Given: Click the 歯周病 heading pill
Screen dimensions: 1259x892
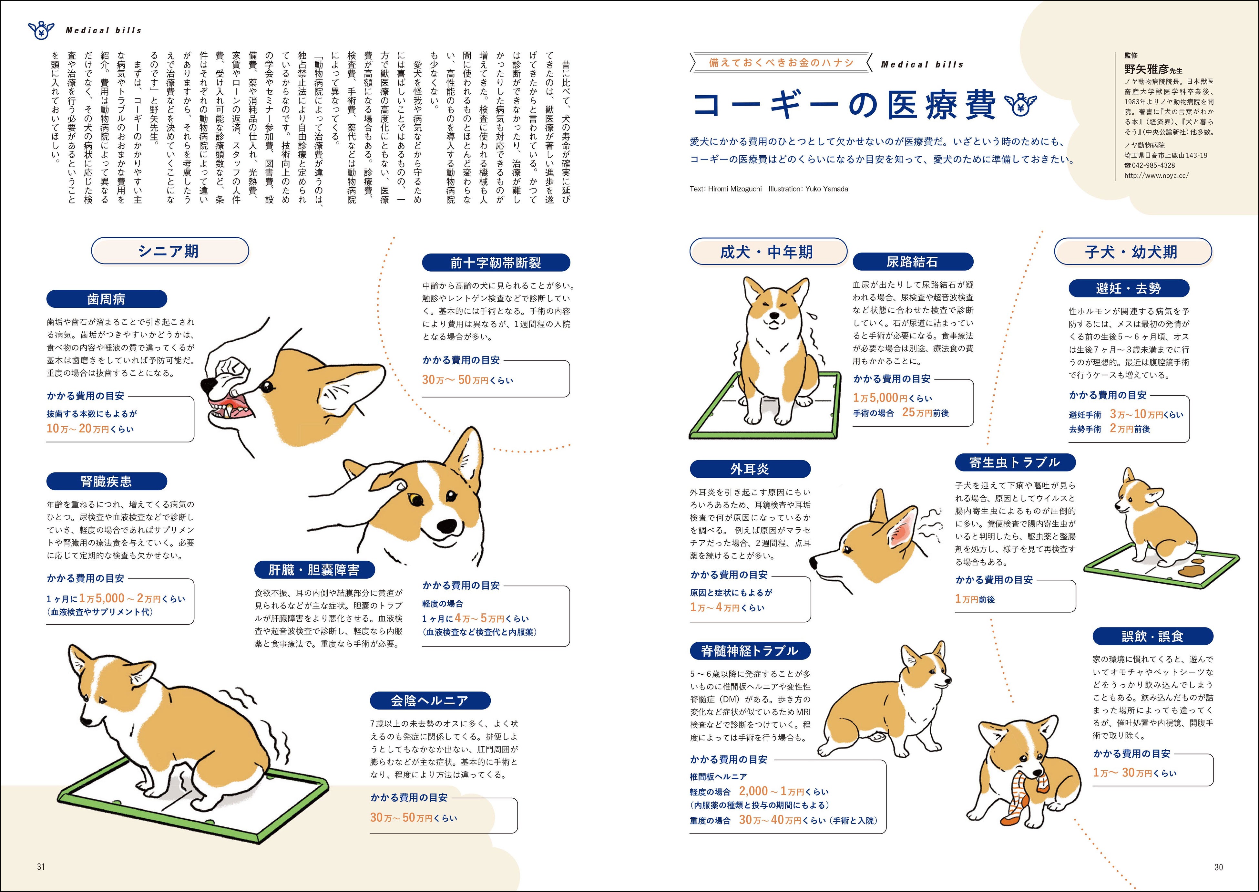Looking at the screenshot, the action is [107, 299].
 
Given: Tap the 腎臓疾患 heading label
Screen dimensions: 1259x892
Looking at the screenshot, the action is [107, 481].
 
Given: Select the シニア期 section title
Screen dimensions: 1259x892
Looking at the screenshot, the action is [170, 251].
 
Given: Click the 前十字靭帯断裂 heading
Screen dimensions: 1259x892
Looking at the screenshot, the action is [496, 263].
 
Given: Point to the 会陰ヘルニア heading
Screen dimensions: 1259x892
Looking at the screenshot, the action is [430, 700].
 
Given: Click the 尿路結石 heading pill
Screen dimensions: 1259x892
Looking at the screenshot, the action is [913, 262].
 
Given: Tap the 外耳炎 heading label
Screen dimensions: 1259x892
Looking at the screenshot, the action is [750, 469].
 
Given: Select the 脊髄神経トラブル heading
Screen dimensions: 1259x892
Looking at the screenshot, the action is [750, 651].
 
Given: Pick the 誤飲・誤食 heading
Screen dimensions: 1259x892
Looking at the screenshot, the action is [1152, 636].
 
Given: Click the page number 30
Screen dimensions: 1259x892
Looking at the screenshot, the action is [1218, 867].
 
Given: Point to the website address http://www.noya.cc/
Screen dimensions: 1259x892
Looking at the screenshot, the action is [1156, 176].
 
